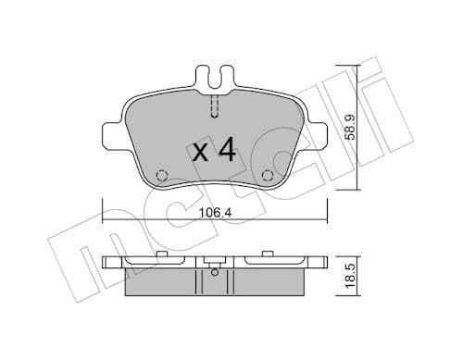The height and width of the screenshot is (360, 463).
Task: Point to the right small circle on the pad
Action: pos(269,176)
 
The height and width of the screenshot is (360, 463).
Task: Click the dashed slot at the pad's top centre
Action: pos(214,106)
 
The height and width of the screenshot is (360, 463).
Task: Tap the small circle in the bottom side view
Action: pos(214,272)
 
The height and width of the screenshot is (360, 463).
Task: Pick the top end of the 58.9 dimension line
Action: pos(351,66)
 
